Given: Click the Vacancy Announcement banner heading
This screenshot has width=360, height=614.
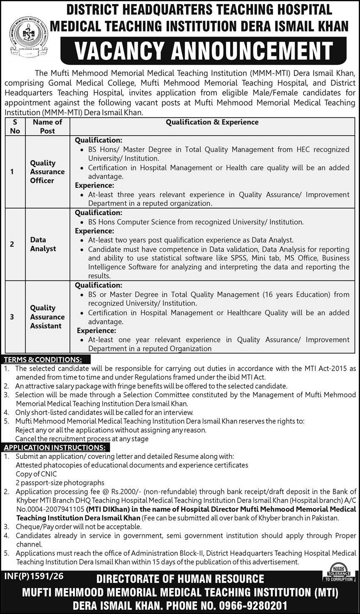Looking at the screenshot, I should tap(204, 51).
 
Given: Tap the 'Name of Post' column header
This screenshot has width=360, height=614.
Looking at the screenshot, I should tap(47, 126).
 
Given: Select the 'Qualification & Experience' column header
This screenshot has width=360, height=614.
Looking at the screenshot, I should tap(212, 122).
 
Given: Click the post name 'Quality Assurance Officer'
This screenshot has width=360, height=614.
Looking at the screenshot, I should tap(47, 172).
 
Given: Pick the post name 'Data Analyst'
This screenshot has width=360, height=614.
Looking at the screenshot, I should tap(43, 244).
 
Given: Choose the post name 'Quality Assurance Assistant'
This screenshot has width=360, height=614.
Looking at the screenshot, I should tap(47, 317).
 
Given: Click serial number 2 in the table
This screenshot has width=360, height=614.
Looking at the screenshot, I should tap(12, 244).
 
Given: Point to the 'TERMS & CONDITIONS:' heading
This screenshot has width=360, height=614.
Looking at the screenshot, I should tap(43, 359).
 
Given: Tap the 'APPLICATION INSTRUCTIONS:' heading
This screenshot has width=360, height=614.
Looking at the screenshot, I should tap(55, 448).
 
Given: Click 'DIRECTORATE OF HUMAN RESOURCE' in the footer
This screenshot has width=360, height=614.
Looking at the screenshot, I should tap(180, 579).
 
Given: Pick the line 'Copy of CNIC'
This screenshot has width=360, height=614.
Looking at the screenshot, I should tap(36, 474).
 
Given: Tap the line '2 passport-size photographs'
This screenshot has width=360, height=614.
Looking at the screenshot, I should tap(60, 483).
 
